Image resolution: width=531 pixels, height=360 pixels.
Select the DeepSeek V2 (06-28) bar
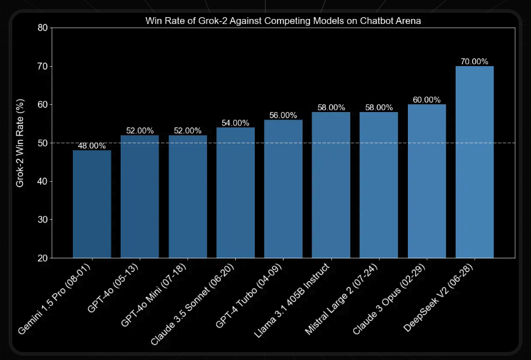tap(475, 162)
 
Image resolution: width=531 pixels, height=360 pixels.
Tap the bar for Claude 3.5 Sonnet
tap(235, 192)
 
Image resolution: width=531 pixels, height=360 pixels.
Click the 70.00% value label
tap(475, 62)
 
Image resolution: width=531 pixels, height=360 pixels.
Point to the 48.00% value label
tap(92, 146)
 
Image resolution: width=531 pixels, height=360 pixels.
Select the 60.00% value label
tap(427, 100)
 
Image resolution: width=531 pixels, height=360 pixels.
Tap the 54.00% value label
tap(235, 123)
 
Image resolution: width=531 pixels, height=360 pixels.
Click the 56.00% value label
tap(283, 115)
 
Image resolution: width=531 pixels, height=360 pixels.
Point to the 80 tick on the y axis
tap(42, 28)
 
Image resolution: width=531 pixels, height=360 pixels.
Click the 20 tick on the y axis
tap(42, 258)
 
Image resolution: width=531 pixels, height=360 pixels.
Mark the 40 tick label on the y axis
tap(42, 182)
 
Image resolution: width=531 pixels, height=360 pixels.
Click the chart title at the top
tap(283, 20)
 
